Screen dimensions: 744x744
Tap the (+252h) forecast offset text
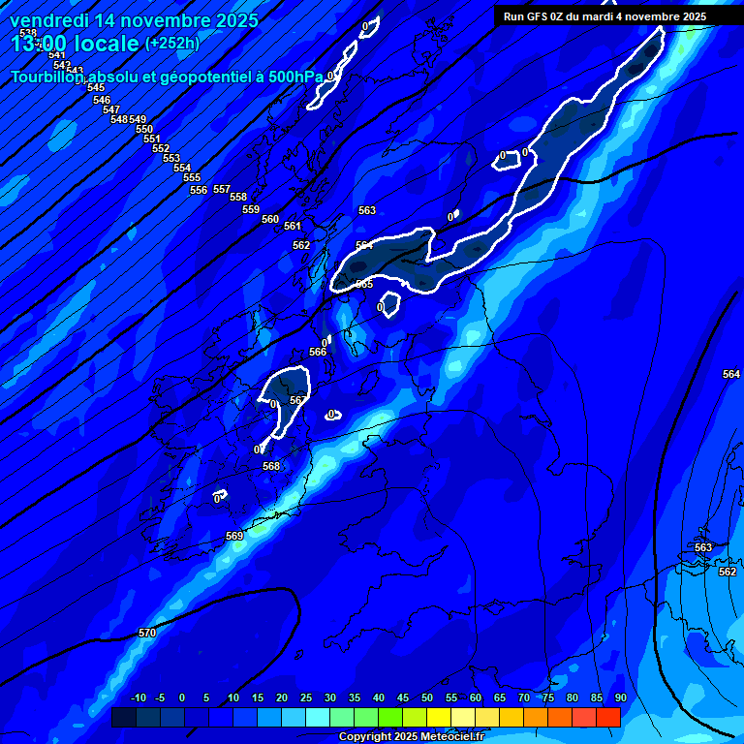[x=171, y=43]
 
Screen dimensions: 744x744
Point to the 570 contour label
[x=146, y=633]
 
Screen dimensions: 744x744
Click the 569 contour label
[x=234, y=536]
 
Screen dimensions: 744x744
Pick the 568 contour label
[x=271, y=466]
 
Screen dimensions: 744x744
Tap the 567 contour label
[x=298, y=400]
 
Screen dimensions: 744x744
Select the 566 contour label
[x=318, y=352]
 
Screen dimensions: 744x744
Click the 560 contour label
[x=270, y=219]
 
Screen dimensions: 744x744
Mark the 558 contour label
[x=238, y=197]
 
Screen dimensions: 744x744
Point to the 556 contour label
[x=199, y=190]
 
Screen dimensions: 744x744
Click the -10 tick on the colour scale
[x=139, y=697]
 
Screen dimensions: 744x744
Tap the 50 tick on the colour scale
[x=427, y=697]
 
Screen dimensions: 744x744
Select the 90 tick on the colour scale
[x=620, y=697]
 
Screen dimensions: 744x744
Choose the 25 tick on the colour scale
[x=306, y=697]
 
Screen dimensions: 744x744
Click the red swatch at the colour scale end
[x=607, y=717]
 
